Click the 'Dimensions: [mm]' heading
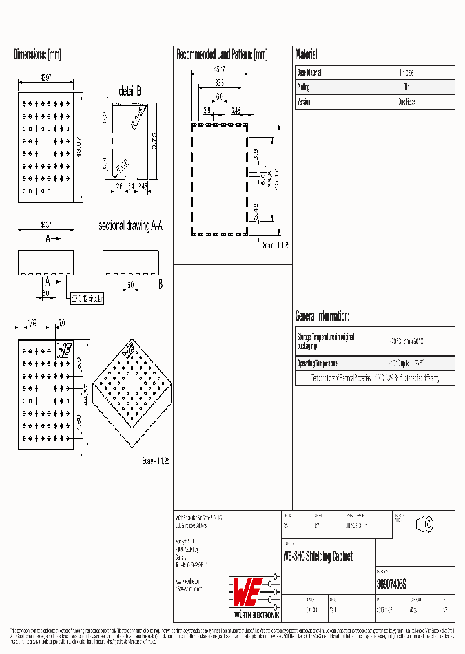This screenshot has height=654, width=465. pyautogui.click(x=37, y=55)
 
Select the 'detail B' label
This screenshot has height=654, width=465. pyautogui.click(x=130, y=91)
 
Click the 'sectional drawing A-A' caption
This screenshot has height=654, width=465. pyautogui.click(x=130, y=226)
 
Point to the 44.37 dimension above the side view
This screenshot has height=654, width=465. pyautogui.click(x=45, y=225)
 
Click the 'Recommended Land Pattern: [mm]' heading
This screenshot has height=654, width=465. pyautogui.click(x=222, y=55)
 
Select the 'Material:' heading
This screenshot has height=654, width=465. pyautogui.click(x=307, y=55)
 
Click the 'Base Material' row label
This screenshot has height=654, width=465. pyautogui.click(x=309, y=73)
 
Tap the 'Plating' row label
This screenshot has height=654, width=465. pyautogui.click(x=304, y=87)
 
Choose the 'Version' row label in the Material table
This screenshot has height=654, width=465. pyautogui.click(x=304, y=101)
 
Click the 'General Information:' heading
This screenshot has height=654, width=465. pyautogui.click(x=322, y=316)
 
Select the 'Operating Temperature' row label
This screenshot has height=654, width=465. pyautogui.click(x=317, y=363)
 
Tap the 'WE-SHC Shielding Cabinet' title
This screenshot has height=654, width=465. pyautogui.click(x=318, y=556)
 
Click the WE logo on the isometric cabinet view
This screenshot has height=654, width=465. pyautogui.click(x=128, y=350)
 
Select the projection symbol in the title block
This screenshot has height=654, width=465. pyautogui.click(x=424, y=523)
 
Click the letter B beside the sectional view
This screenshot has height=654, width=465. pyautogui.click(x=161, y=283)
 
